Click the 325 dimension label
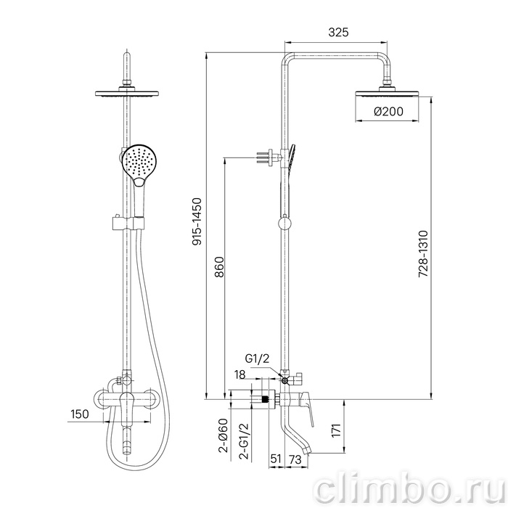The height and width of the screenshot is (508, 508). pos(338,33)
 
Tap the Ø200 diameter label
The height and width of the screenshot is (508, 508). pos(388,112)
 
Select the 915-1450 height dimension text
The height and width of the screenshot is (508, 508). pos(197,221)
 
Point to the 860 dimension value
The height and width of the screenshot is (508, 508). pos(219,267)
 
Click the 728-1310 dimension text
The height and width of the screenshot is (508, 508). pos(423,254)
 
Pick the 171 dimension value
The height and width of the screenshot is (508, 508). pos(336,430)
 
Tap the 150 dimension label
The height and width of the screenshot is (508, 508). pos(79,414)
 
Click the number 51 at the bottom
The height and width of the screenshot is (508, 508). pos(276,459)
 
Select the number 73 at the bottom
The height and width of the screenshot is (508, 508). pos(295,459)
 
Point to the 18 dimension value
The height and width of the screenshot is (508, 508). pos(239,374)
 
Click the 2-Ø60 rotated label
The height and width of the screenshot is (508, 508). pos(223,435)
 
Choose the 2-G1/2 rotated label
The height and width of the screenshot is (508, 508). pos(244,441)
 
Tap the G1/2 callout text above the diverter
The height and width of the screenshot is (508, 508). pos(257,359)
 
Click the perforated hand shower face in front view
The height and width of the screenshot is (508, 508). pos(139,162)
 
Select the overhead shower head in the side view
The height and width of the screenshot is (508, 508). pos(387,94)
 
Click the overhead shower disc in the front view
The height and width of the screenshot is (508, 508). pos(127,94)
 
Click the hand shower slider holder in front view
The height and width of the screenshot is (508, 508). pos(128,223)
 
